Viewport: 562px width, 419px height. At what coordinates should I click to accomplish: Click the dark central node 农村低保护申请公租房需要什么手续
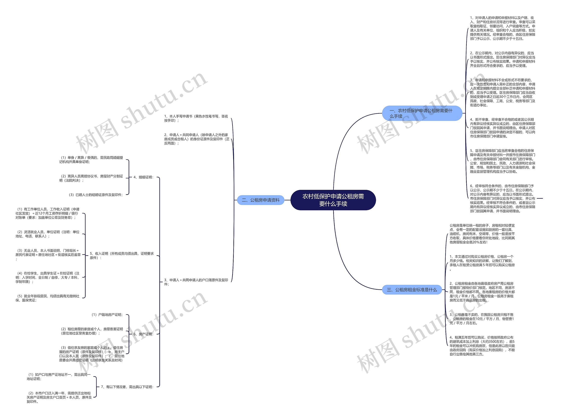[333, 200]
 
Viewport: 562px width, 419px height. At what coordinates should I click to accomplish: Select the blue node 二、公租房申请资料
[260, 200]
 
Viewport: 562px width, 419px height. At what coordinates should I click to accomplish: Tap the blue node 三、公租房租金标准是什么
[412, 290]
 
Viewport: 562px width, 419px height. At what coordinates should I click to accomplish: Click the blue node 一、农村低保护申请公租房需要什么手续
[422, 113]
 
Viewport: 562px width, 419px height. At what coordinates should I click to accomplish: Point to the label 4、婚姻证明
[143, 177]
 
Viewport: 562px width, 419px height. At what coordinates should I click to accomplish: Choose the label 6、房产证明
[143, 334]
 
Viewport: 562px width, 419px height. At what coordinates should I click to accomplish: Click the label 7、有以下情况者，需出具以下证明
[127, 387]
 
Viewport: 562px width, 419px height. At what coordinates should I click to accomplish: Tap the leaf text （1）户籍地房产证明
[107, 315]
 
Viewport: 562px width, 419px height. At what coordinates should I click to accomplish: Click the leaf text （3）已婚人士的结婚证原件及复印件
[96, 195]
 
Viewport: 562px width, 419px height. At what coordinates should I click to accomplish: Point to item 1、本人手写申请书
[196, 118]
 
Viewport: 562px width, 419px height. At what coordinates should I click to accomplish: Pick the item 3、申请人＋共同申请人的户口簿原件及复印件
[196, 282]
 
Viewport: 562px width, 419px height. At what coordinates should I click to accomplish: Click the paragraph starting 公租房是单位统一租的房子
[482, 234]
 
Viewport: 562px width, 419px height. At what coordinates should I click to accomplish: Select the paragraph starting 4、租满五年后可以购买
[482, 345]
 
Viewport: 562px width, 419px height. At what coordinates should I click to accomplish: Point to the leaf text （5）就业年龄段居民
[47, 298]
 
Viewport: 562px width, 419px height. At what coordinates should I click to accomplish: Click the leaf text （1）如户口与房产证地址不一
[58, 376]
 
